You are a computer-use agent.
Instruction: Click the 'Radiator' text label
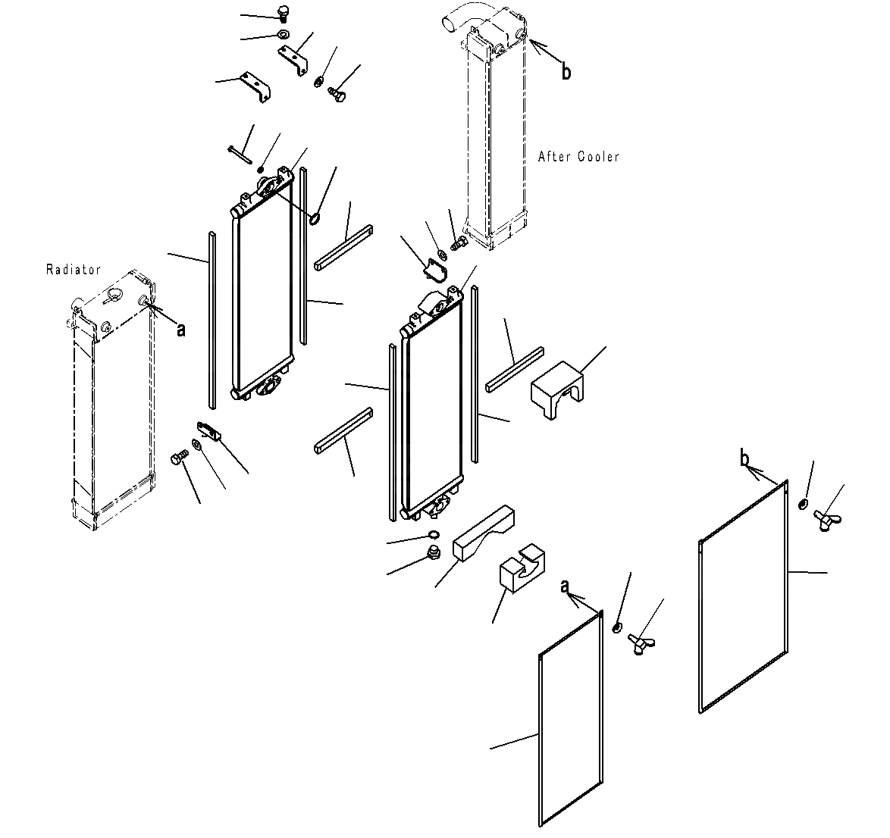(73, 269)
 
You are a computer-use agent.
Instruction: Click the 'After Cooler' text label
(578, 157)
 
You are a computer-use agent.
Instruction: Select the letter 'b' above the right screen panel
(745, 458)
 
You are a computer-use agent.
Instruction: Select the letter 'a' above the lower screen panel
(564, 586)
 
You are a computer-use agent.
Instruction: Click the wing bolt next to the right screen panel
(824, 520)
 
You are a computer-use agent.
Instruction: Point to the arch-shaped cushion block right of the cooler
(556, 391)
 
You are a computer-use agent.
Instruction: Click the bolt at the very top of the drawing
(284, 13)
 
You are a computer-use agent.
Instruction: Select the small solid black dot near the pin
(260, 169)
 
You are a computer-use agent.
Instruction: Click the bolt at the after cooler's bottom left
(458, 245)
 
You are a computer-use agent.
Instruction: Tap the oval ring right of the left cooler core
(315, 220)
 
